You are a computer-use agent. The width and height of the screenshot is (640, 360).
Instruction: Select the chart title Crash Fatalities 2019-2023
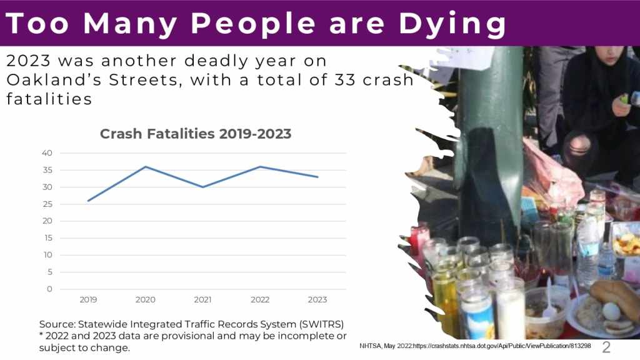pyautogui.click(x=196, y=134)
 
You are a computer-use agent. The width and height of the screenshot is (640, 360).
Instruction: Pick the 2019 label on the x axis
pyautogui.click(x=88, y=300)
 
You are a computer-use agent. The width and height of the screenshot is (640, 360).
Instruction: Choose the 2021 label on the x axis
pyautogui.click(x=202, y=300)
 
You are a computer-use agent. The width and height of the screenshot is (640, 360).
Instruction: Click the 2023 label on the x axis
pyautogui.click(x=317, y=300)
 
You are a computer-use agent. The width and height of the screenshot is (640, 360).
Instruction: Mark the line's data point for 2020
pyautogui.click(x=145, y=167)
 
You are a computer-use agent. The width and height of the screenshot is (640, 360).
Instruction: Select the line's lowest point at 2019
pyautogui.click(x=88, y=201)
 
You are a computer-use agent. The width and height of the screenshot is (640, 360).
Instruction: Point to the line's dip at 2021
pyautogui.click(x=202, y=187)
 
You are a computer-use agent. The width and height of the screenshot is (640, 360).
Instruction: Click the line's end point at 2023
pyautogui.click(x=317, y=177)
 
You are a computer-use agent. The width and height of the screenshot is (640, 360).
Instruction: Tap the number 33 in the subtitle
pyautogui.click(x=349, y=80)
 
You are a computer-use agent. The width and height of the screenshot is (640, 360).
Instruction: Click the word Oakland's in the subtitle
pyautogui.click(x=56, y=80)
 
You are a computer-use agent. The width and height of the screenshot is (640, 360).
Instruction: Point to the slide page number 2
pyautogui.click(x=606, y=347)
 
